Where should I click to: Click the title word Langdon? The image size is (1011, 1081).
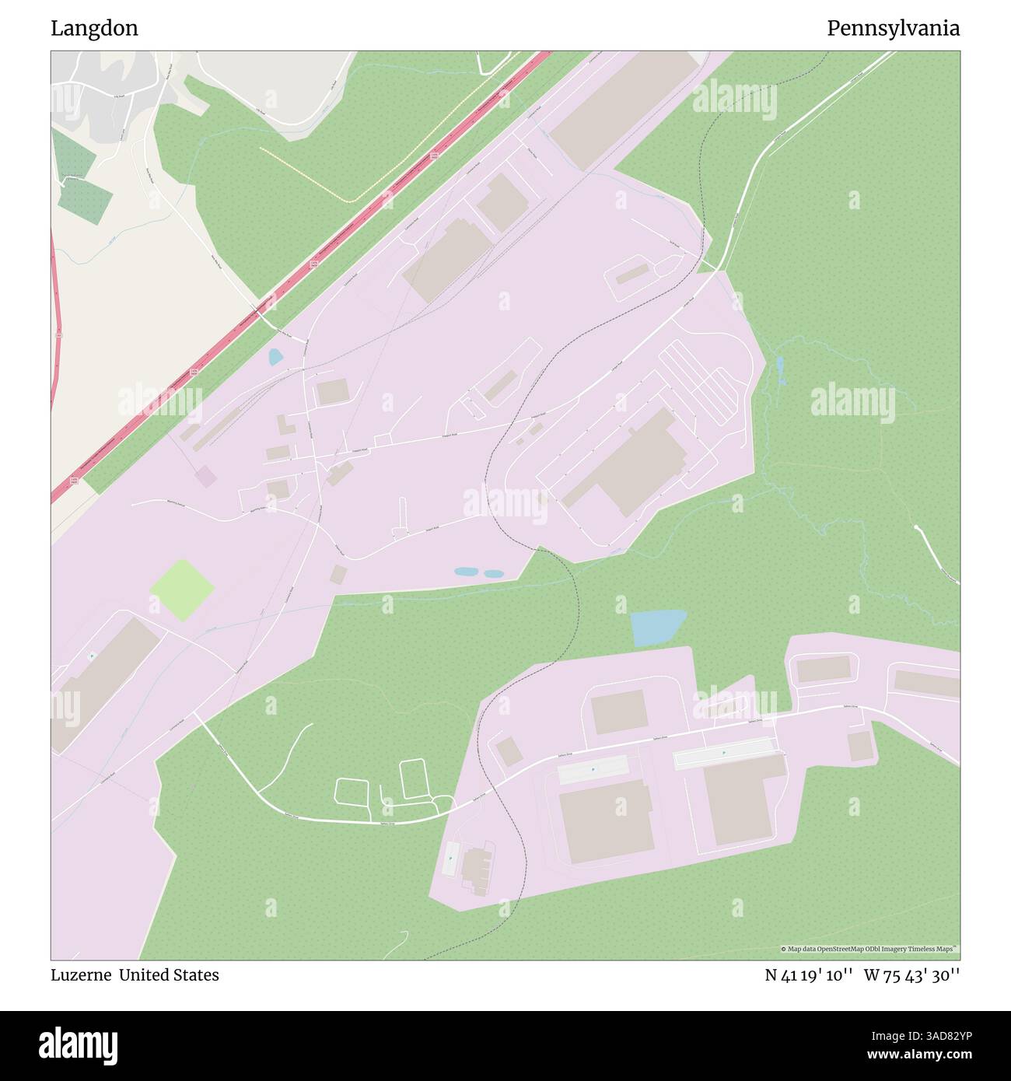pos(94,29)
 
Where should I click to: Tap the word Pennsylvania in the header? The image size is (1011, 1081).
pos(893,29)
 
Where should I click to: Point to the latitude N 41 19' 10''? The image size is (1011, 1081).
pos(810,975)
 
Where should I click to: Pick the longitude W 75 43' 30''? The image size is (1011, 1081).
pos(911,975)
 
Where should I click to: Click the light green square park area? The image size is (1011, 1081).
pos(182,589)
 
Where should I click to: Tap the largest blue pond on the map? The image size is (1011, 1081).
pos(656,627)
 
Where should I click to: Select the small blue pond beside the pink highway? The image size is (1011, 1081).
pos(275,357)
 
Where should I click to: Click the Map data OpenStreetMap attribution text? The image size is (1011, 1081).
pos(869,949)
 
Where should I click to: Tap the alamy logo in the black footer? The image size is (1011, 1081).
pos(79,1044)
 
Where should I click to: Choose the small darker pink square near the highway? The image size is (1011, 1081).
pos(205,477)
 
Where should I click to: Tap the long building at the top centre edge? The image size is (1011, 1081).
pos(625,109)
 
